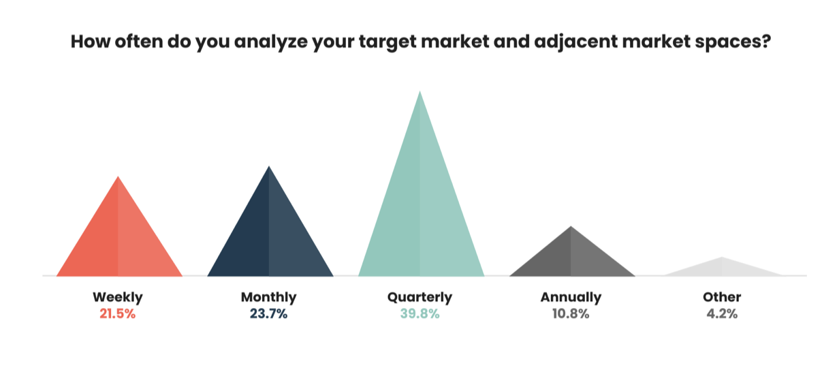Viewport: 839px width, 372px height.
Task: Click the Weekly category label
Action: tap(118, 298)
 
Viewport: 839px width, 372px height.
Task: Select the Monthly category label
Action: tap(268, 298)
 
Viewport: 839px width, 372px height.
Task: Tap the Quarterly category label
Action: tap(420, 298)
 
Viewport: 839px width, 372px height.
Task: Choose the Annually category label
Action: tap(571, 298)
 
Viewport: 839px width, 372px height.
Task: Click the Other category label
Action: tap(722, 297)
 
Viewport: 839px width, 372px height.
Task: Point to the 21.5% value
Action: tap(118, 313)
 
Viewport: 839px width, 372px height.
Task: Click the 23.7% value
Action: tap(268, 313)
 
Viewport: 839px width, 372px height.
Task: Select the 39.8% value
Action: tap(420, 313)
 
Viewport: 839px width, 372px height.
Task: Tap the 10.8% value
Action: tap(571, 313)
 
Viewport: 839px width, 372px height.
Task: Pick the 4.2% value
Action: tap(722, 313)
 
